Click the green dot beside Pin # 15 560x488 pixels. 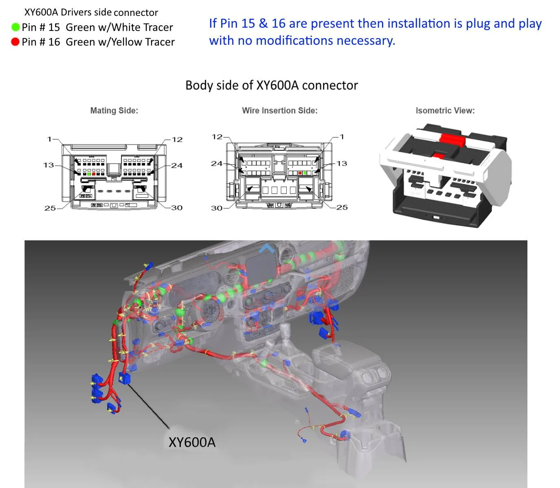[15, 27]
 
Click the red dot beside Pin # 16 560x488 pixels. [15, 42]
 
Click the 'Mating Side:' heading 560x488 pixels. [114, 110]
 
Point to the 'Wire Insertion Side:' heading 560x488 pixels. [280, 110]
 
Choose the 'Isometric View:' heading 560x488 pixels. [445, 110]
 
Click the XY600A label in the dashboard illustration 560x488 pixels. [192, 442]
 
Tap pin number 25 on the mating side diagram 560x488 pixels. [50, 208]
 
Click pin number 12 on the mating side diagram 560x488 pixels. [177, 139]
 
